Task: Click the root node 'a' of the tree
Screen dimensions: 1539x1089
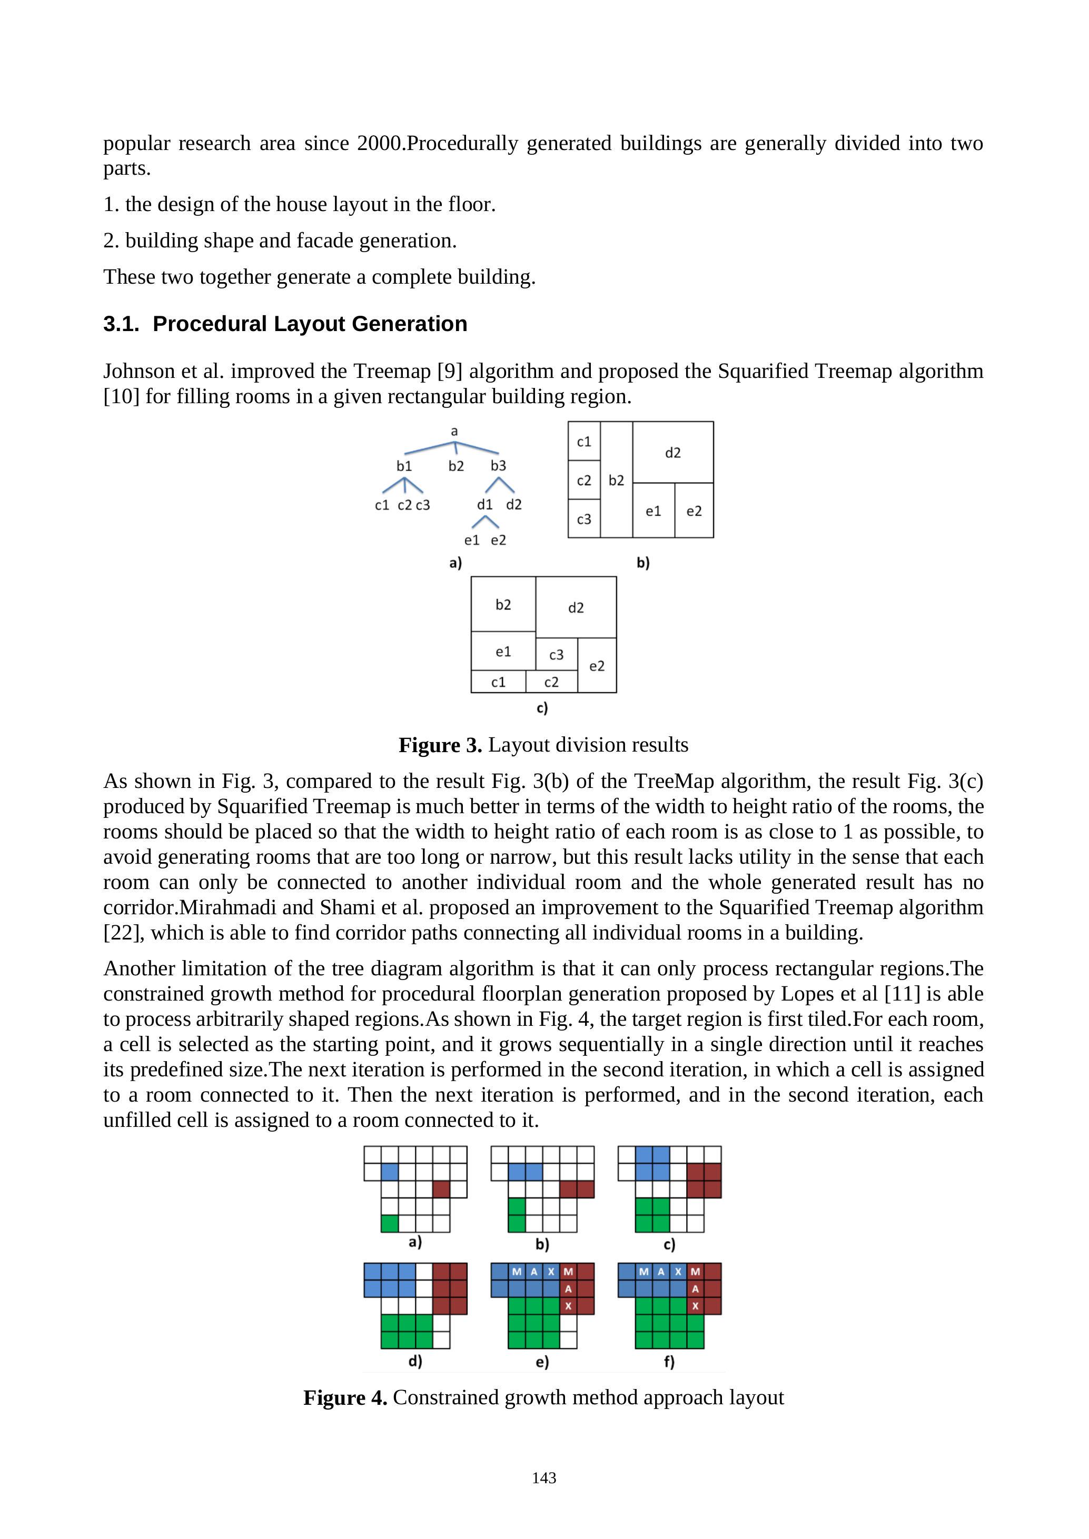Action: (x=454, y=431)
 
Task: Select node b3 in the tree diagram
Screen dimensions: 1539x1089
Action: (x=498, y=466)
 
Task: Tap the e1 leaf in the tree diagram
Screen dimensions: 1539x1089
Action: (x=472, y=540)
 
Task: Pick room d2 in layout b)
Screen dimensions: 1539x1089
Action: (x=672, y=453)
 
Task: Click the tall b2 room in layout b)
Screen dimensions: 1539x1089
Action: (x=616, y=480)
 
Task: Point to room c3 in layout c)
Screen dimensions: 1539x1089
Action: (x=557, y=655)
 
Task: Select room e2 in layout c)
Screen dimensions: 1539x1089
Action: (x=597, y=666)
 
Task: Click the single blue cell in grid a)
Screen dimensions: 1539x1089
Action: (x=390, y=1172)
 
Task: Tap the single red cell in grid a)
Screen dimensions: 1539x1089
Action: (x=441, y=1189)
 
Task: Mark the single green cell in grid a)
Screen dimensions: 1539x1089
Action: (x=390, y=1223)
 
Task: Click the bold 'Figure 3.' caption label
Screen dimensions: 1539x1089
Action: (x=440, y=745)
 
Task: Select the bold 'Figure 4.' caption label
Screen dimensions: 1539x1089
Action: (x=345, y=1397)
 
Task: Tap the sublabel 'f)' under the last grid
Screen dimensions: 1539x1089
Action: (x=669, y=1362)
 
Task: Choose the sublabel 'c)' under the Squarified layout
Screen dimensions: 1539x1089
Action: (x=542, y=708)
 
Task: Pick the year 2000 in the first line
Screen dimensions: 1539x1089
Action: (x=378, y=144)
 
